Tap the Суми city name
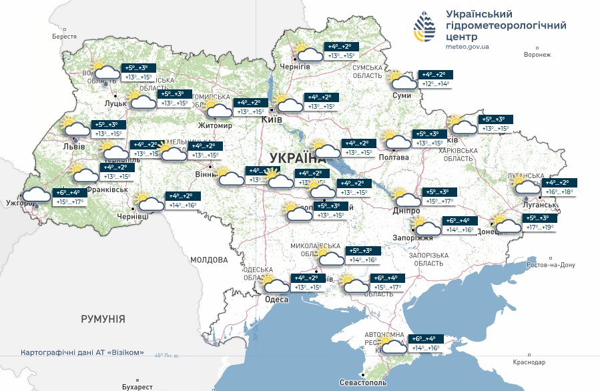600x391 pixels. pyautogui.click(x=402, y=96)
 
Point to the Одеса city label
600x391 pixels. pyautogui.click(x=276, y=300)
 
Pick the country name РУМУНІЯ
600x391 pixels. pyautogui.click(x=103, y=319)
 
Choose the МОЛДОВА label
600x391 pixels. pyautogui.click(x=209, y=260)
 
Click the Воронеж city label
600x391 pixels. pyautogui.click(x=538, y=55)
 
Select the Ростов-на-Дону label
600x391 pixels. pyautogui.click(x=550, y=265)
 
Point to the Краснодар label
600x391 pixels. pyautogui.click(x=530, y=362)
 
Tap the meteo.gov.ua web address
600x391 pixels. pyautogui.click(x=467, y=47)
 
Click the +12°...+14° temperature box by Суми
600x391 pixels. pyautogui.click(x=435, y=84)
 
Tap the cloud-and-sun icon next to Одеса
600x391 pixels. pyautogui.click(x=276, y=286)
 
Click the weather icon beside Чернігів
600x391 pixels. pyautogui.click(x=308, y=53)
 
